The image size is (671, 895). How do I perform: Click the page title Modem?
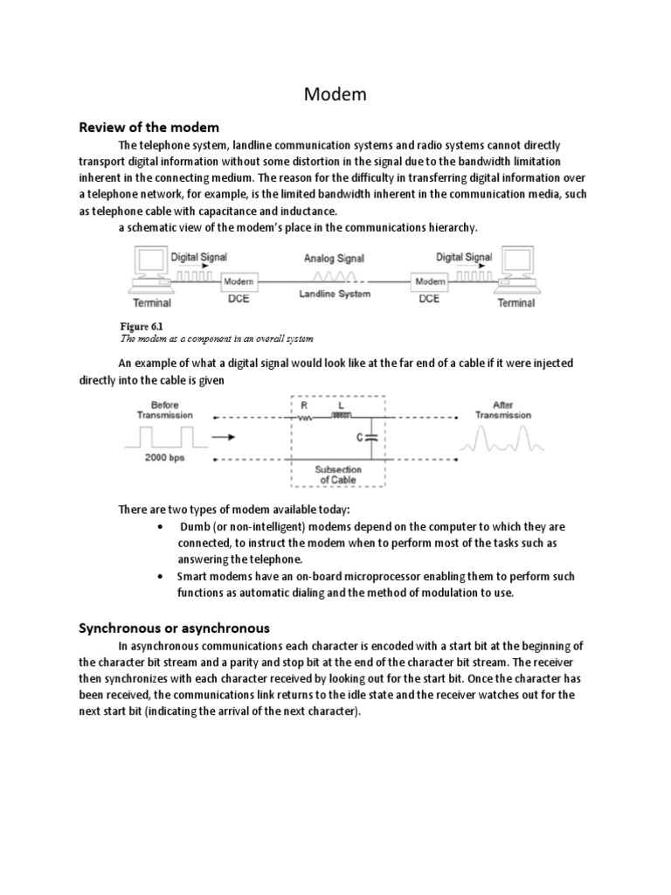pyautogui.click(x=335, y=95)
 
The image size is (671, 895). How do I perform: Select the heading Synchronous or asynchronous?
pyautogui.click(x=175, y=628)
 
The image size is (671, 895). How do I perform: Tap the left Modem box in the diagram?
pyautogui.click(x=238, y=282)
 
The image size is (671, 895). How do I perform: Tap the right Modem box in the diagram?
pyautogui.click(x=430, y=282)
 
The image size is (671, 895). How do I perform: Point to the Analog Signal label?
pyautogui.click(x=334, y=259)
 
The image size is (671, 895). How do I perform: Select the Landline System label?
pyautogui.click(x=335, y=295)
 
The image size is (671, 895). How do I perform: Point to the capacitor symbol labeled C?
pyautogui.click(x=370, y=436)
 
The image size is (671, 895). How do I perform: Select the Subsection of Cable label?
pyautogui.click(x=337, y=475)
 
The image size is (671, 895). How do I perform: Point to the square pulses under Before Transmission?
pyautogui.click(x=165, y=434)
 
